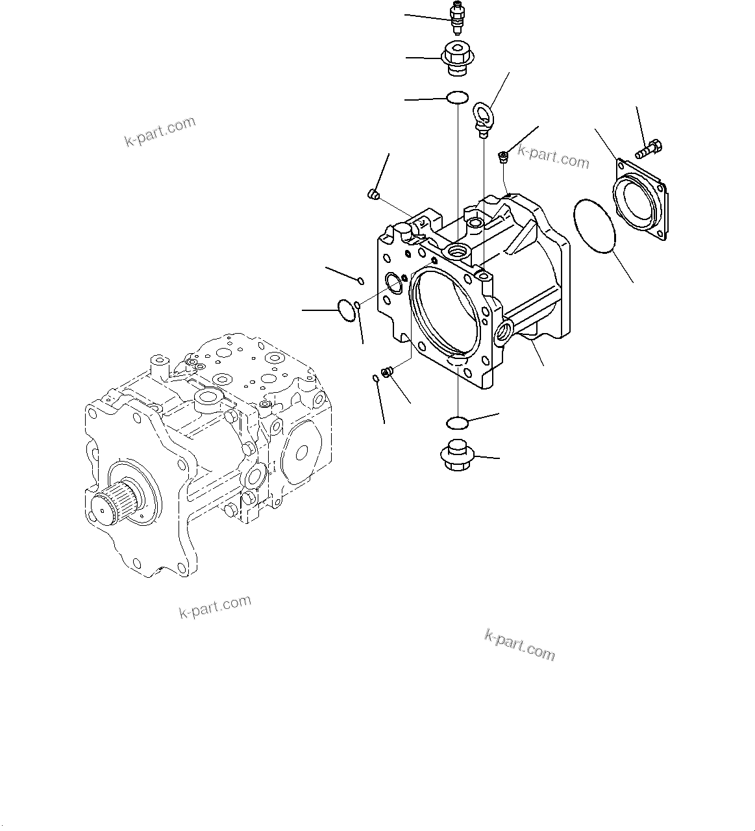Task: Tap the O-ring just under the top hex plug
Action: pyautogui.click(x=458, y=98)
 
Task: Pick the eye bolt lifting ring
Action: pyautogui.click(x=483, y=116)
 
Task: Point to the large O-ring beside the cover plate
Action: pyautogui.click(x=595, y=225)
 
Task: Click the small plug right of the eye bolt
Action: pyautogui.click(x=502, y=155)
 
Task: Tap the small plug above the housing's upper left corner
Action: pyautogui.click(x=373, y=193)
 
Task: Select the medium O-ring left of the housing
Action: pyautogui.click(x=349, y=310)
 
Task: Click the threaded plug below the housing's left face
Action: pyautogui.click(x=388, y=372)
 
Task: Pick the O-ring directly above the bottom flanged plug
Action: pyautogui.click(x=458, y=423)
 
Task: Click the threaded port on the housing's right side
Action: pyautogui.click(x=504, y=332)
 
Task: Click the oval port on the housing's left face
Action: pyautogui.click(x=393, y=280)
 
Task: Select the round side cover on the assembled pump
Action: pyautogui.click(x=300, y=457)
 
